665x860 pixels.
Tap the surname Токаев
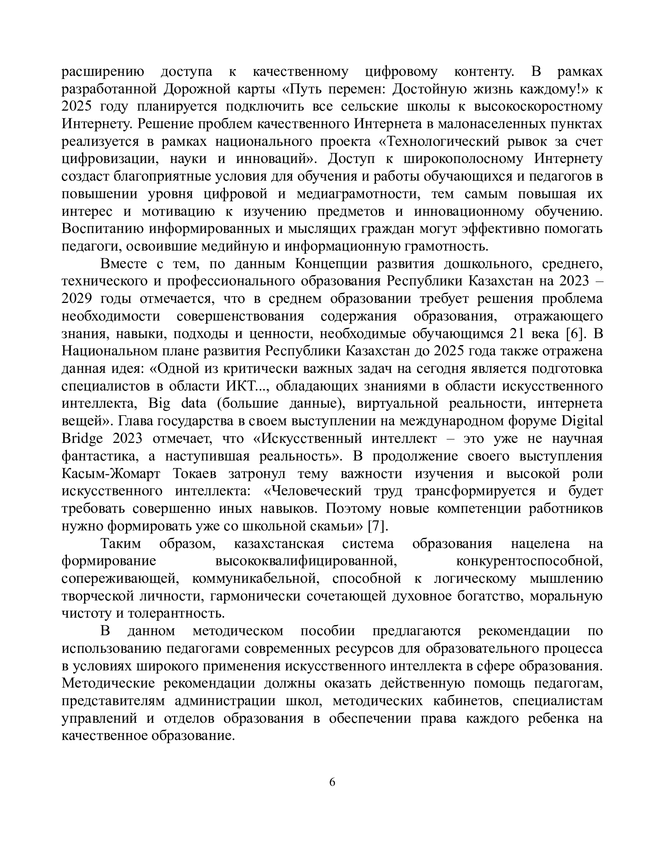pos(194,474)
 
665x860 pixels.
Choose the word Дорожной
pos(197,90)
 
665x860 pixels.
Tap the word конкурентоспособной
pos(529,561)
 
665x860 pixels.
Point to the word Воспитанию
pos(103,229)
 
